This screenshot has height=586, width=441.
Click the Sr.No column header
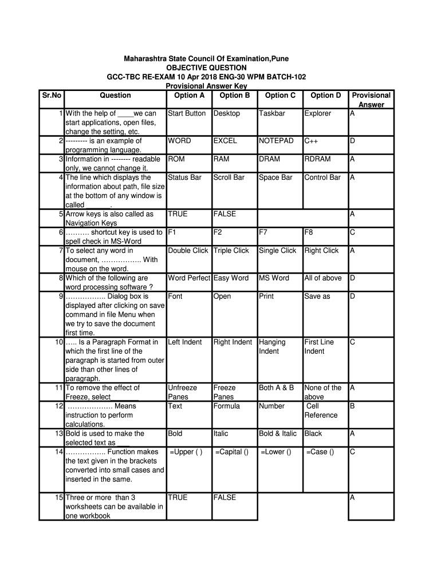tap(52, 96)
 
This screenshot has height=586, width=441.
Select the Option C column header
tap(281, 96)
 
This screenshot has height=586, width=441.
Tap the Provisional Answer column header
tap(371, 100)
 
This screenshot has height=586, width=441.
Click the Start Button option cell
tap(187, 113)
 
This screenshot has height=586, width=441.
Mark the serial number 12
tap(59, 406)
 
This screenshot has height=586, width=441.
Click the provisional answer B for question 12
tap(353, 406)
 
